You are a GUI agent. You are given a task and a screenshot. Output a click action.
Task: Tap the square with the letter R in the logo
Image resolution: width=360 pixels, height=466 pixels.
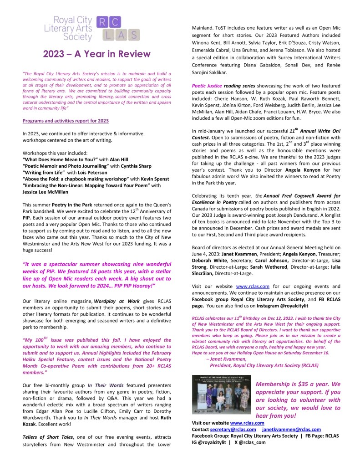[x=102, y=22]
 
